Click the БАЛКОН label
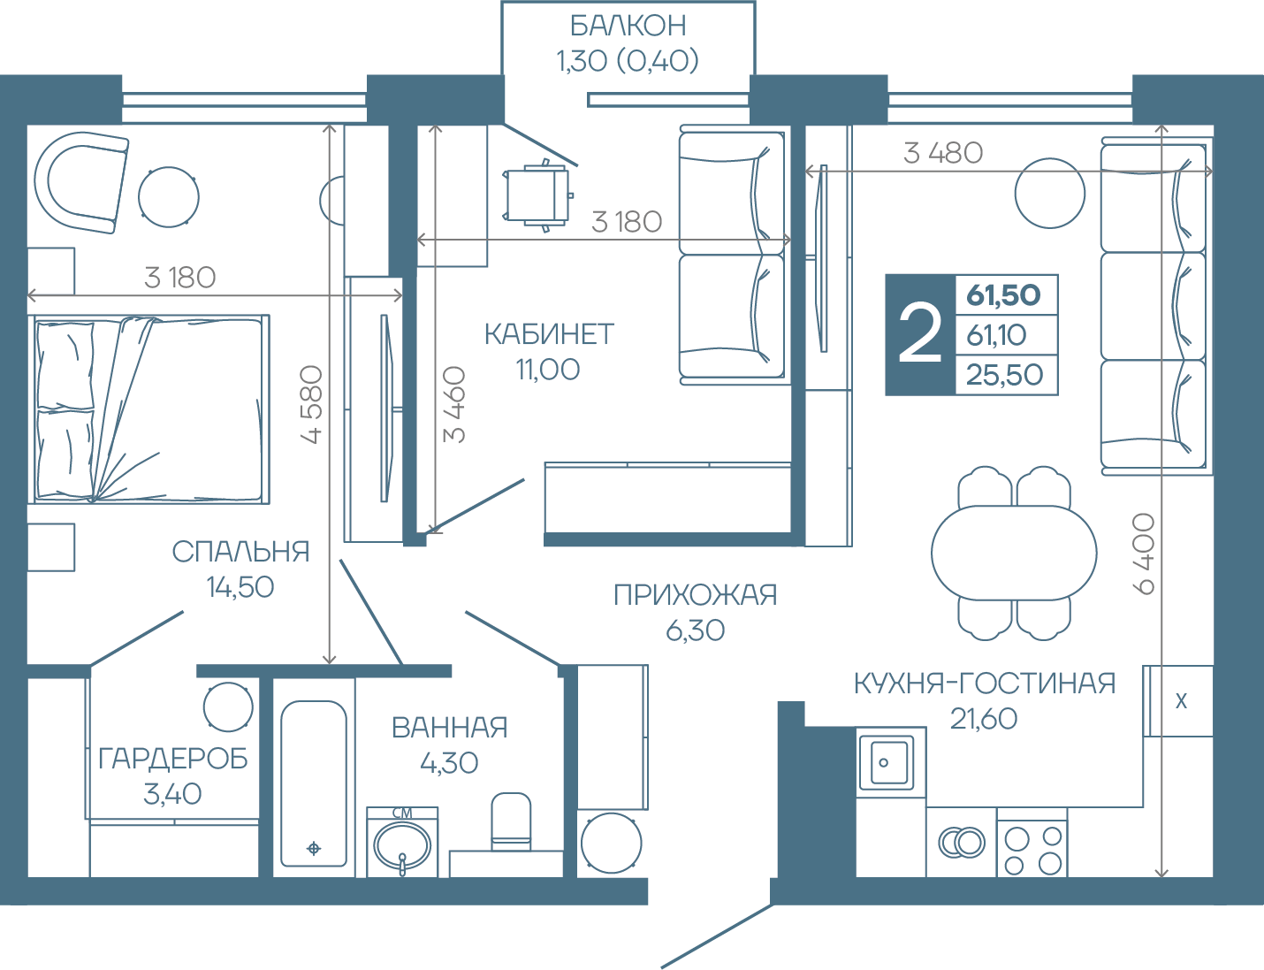[628, 26]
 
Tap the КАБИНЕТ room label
[549, 334]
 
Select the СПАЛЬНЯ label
[240, 552]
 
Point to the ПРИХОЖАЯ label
[695, 595]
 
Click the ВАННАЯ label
[450, 728]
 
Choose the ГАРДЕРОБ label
[172, 759]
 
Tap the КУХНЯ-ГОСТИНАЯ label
[984, 684]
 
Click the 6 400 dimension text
[1144, 554]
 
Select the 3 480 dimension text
[943, 154]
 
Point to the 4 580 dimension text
[312, 404]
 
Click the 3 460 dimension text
[454, 404]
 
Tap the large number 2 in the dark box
[919, 334]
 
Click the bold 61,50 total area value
[1003, 295]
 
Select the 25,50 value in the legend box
[1004, 375]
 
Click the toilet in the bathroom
[511, 821]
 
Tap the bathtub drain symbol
[314, 848]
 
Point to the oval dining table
[1014, 553]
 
